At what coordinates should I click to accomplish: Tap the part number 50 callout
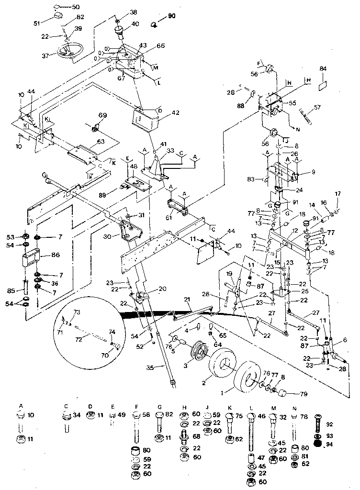pyautogui.click(x=76, y=7)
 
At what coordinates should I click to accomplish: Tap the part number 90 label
pyautogui.click(x=172, y=16)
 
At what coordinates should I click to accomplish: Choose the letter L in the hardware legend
pyautogui.click(x=250, y=406)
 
